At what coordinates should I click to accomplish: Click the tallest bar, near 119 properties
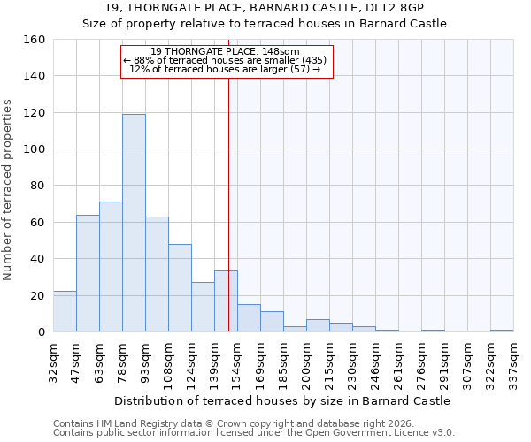(134, 223)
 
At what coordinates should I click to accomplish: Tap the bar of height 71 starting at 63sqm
(111, 267)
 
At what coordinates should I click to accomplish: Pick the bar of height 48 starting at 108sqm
(180, 288)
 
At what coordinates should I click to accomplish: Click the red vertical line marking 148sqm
(228, 203)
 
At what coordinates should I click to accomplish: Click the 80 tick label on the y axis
(38, 186)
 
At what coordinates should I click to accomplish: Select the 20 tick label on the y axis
(38, 295)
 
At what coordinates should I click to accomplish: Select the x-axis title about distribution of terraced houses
(282, 400)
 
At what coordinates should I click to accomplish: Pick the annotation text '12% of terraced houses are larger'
(225, 69)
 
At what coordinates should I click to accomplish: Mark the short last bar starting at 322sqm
(502, 331)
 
